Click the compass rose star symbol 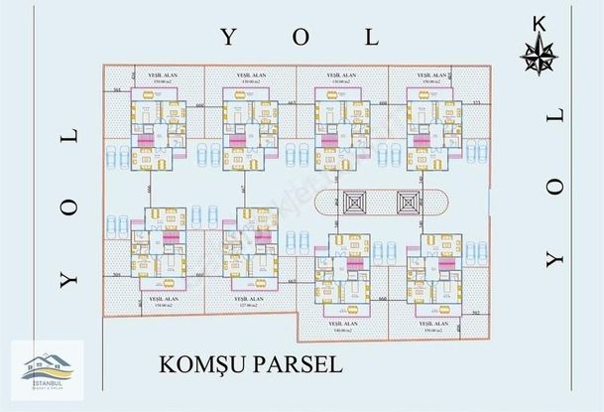(x=540, y=56)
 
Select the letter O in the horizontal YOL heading (x=301, y=38)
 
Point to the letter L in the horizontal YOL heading (x=373, y=38)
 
